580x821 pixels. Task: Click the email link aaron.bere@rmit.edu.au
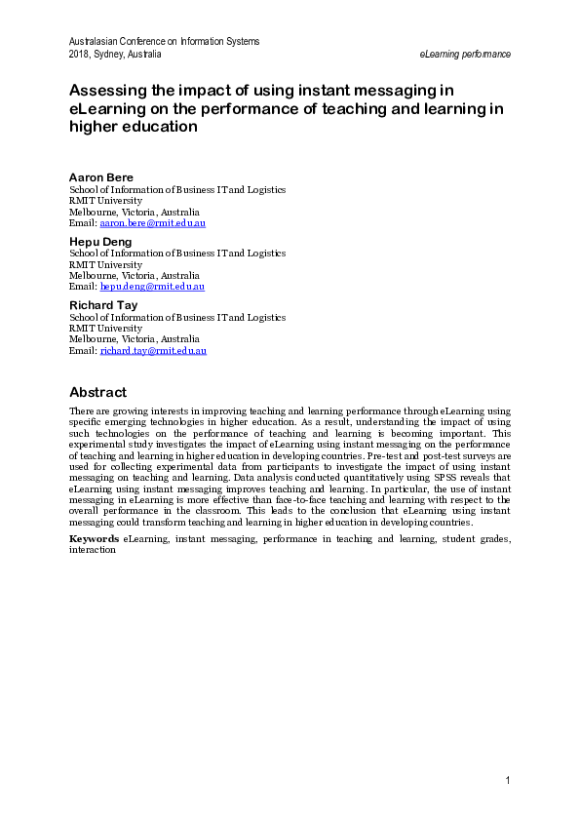pos(153,223)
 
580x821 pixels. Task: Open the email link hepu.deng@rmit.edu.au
pos(152,287)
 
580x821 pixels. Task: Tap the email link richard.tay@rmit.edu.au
pos(153,350)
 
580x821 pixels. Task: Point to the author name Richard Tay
pos(102,304)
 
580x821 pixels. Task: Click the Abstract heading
pos(97,392)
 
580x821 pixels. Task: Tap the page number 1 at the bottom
pos(508,780)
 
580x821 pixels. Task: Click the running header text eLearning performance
pos(465,54)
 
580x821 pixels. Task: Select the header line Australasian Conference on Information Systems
pos(164,41)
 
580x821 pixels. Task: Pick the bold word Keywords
pos(95,538)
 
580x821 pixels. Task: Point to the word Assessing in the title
pos(107,91)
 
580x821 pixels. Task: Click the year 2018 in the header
pos(79,54)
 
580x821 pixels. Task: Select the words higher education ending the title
pos(133,127)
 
